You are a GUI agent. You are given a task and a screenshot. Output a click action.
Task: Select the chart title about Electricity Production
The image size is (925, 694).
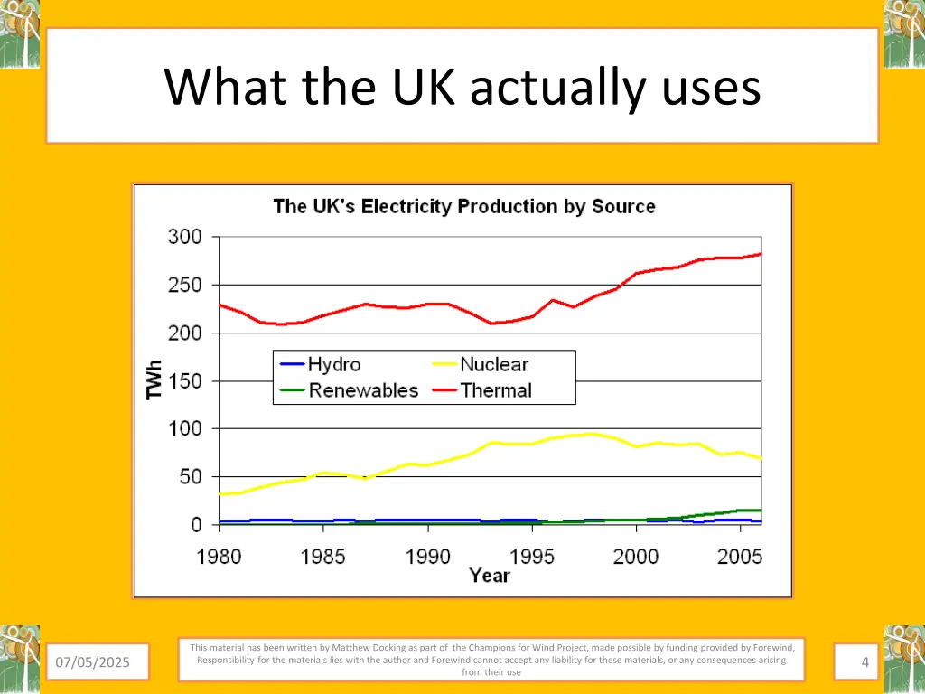click(464, 206)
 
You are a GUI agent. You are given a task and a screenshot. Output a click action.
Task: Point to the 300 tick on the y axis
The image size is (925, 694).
click(185, 237)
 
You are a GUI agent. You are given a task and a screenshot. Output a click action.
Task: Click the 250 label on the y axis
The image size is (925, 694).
click(185, 285)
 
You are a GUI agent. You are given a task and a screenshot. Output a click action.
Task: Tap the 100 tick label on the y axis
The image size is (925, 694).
click(185, 427)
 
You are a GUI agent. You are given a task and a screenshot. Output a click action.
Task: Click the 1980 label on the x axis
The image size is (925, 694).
click(220, 556)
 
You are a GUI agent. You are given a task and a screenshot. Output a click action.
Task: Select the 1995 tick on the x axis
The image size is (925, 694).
click(532, 556)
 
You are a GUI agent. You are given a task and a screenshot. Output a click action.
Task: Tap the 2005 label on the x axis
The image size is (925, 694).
click(740, 556)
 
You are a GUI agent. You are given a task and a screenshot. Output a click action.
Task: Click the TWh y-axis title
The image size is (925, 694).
click(155, 380)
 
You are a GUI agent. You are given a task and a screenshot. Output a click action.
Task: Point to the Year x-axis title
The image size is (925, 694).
click(490, 576)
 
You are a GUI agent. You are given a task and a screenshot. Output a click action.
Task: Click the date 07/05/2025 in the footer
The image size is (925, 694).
click(92, 663)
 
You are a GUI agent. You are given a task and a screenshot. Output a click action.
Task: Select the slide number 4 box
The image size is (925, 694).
click(864, 663)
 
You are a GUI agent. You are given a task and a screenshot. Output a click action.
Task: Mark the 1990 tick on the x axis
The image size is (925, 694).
click(427, 556)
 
